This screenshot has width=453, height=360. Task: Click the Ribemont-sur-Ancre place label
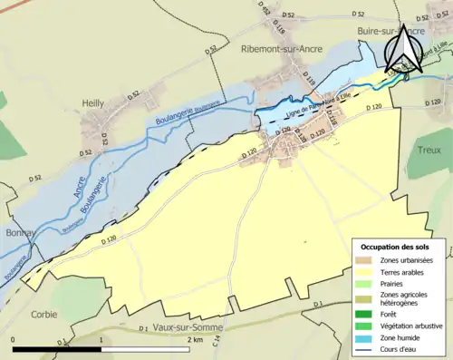284,51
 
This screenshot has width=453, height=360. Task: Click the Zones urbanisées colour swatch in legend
364,260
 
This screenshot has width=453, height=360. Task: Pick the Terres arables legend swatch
364,271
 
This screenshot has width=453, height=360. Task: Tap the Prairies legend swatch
364,283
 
